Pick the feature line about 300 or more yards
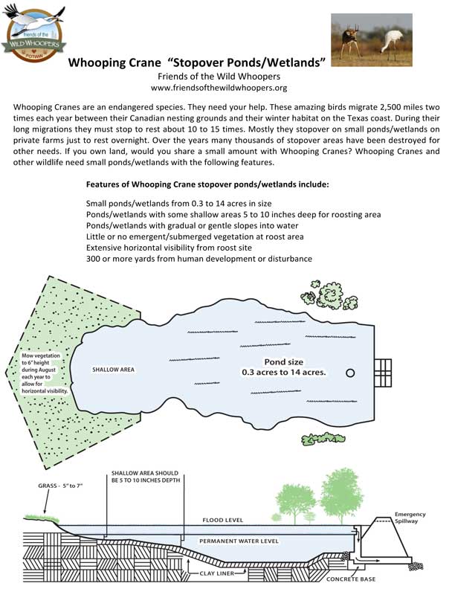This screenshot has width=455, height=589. [199, 258]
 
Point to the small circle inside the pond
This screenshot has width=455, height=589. [351, 372]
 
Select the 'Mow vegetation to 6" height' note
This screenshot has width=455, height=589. [44, 373]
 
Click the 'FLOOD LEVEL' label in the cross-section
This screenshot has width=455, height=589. [223, 520]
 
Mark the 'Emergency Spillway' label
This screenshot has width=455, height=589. [410, 518]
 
